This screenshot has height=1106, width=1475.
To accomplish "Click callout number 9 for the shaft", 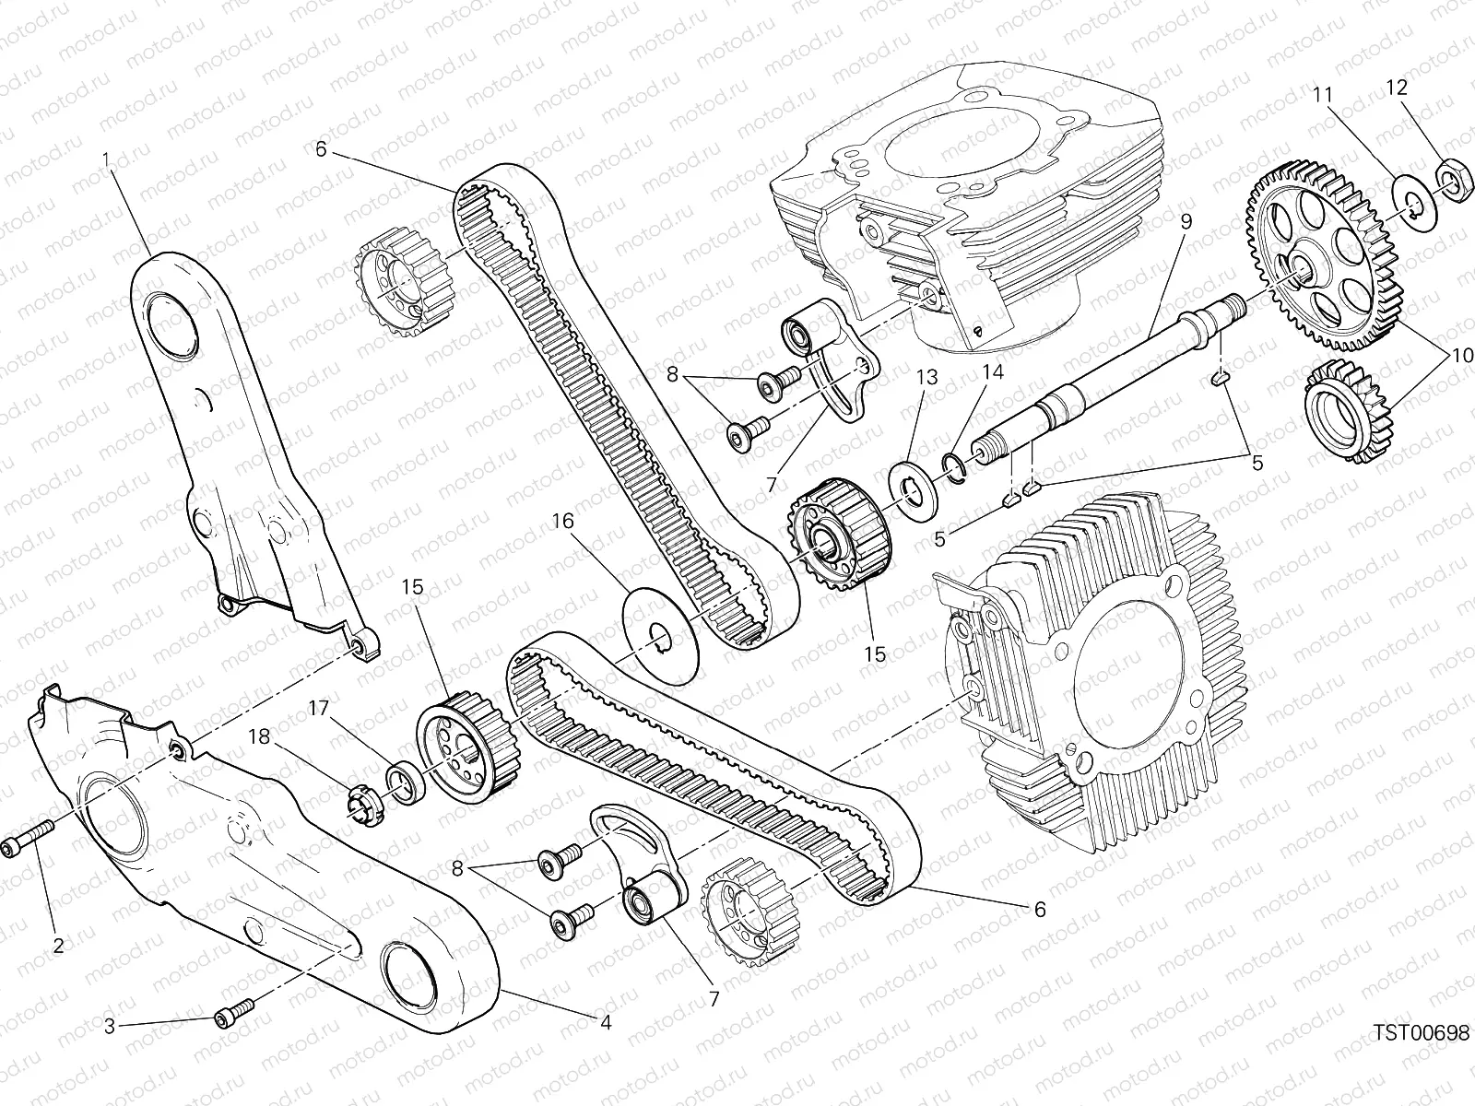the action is click(x=1186, y=222).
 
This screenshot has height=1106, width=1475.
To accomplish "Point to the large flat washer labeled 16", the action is click(x=661, y=635).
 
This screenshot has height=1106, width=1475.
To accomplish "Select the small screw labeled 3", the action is click(x=235, y=1013).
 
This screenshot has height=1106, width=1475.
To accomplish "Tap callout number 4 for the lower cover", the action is click(x=606, y=1023).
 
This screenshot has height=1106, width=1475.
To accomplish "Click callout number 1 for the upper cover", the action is click(x=105, y=160).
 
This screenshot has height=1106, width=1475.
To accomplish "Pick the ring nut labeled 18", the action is click(x=363, y=806).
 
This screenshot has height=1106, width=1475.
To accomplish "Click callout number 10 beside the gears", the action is click(x=1461, y=355).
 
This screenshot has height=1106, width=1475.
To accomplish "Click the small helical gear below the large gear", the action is click(x=1349, y=410).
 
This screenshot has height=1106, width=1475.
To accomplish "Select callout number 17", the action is click(x=319, y=709).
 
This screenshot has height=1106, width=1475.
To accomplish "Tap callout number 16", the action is click(x=564, y=522).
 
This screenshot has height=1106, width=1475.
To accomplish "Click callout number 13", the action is click(x=926, y=377).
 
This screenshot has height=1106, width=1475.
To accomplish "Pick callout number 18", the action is click(x=259, y=736).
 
